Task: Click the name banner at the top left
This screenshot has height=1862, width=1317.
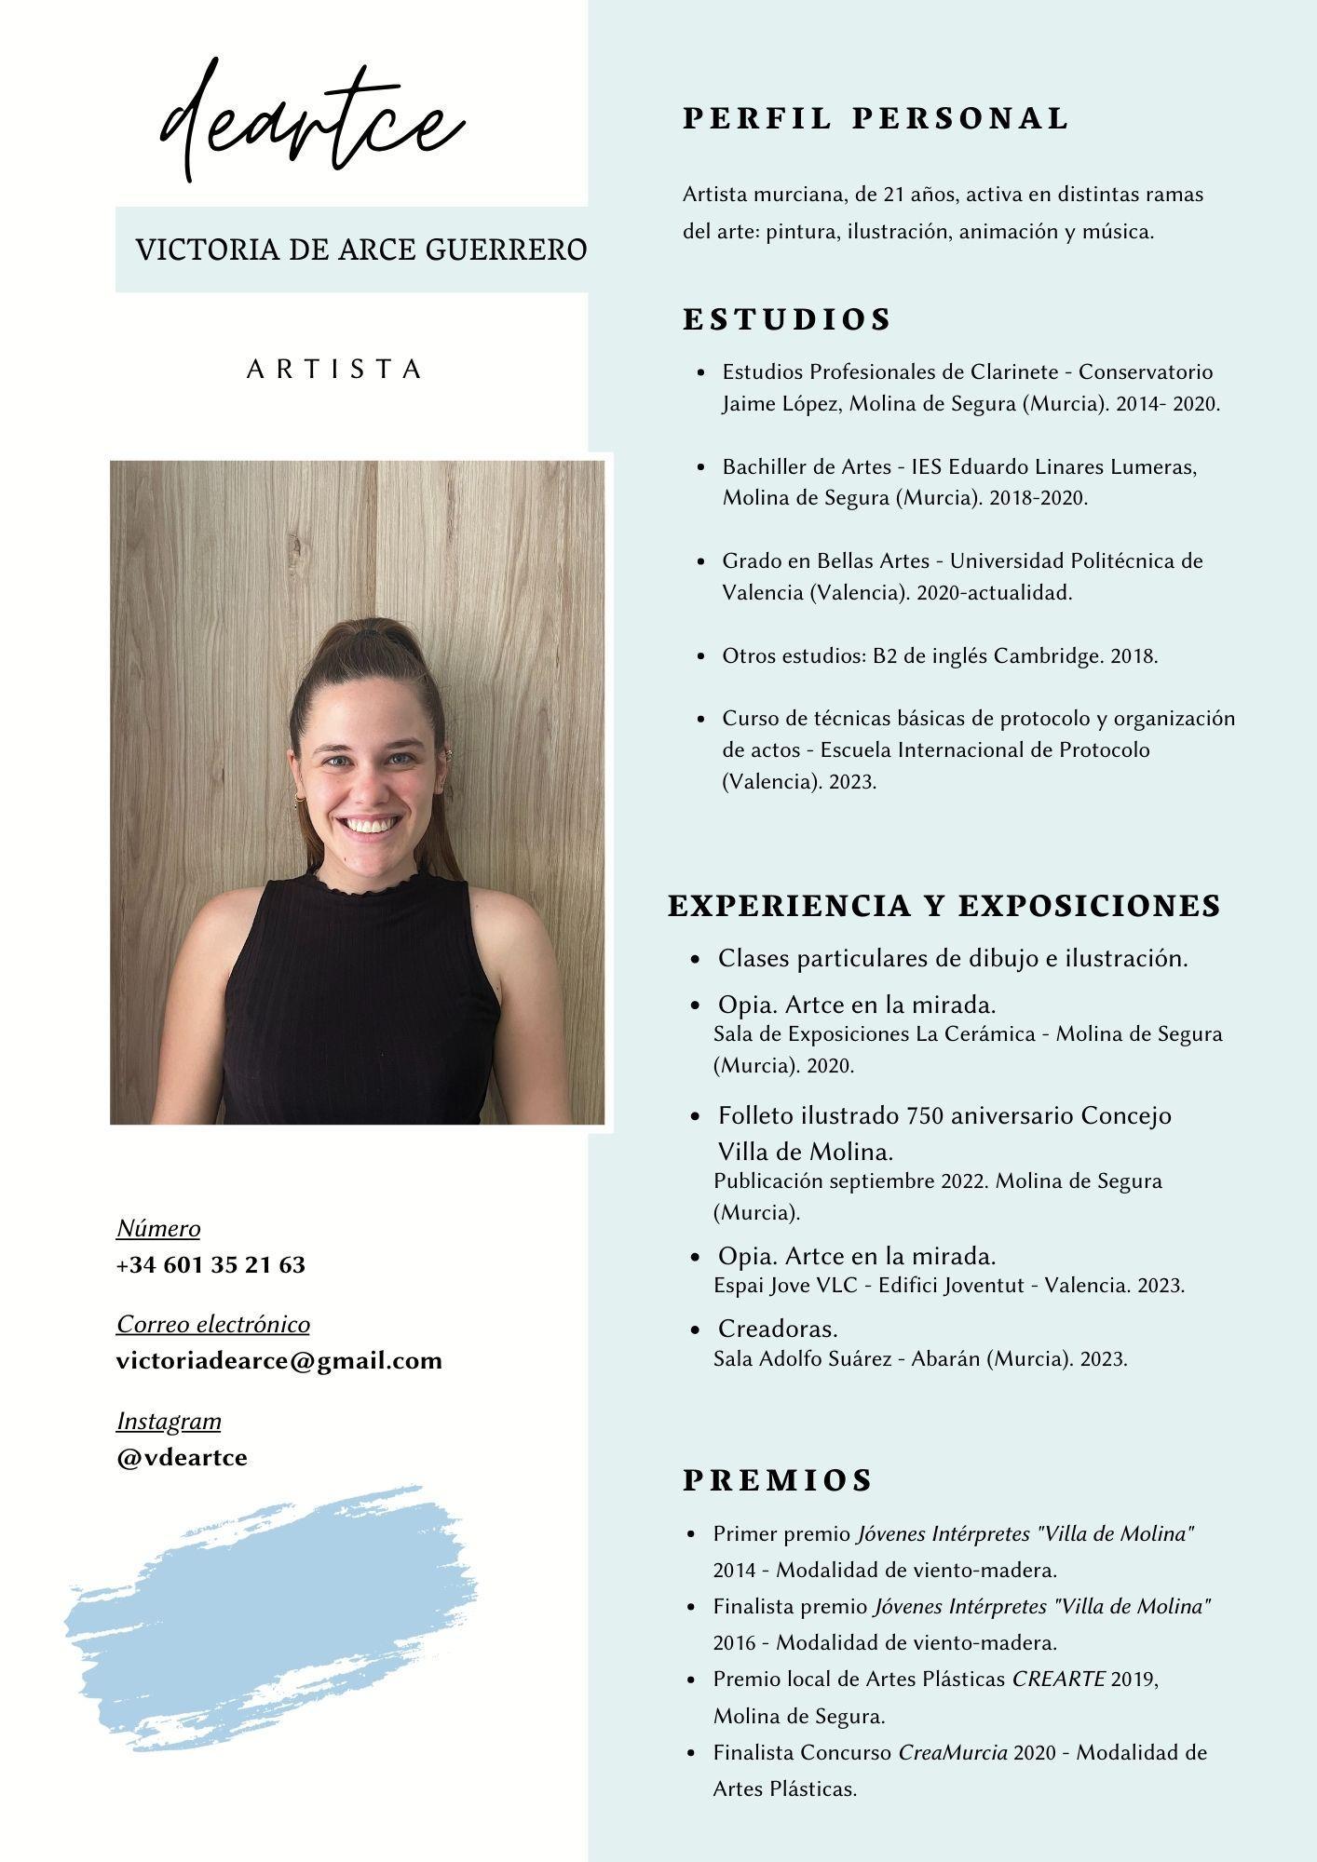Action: [360, 250]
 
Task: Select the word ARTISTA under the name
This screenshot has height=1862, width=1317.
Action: [334, 370]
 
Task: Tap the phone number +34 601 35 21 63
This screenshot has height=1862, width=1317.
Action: [210, 1265]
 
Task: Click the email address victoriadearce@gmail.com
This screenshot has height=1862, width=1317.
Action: [278, 1361]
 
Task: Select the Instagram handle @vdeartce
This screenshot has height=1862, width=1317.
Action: [182, 1457]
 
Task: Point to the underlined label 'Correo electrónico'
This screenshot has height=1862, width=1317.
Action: [212, 1324]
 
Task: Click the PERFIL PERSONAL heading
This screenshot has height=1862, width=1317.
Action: [876, 118]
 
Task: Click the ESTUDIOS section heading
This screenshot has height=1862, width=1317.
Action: [787, 319]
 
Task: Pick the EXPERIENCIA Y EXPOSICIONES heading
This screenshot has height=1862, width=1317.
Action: [944, 906]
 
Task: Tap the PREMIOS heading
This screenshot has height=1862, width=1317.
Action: [778, 1480]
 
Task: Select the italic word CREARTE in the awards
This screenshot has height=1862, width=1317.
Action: [1058, 1679]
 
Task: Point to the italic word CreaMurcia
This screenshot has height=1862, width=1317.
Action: [953, 1752]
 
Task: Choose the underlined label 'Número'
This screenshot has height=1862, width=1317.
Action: [158, 1229]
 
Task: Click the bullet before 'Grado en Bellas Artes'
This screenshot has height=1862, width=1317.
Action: [701, 561]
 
